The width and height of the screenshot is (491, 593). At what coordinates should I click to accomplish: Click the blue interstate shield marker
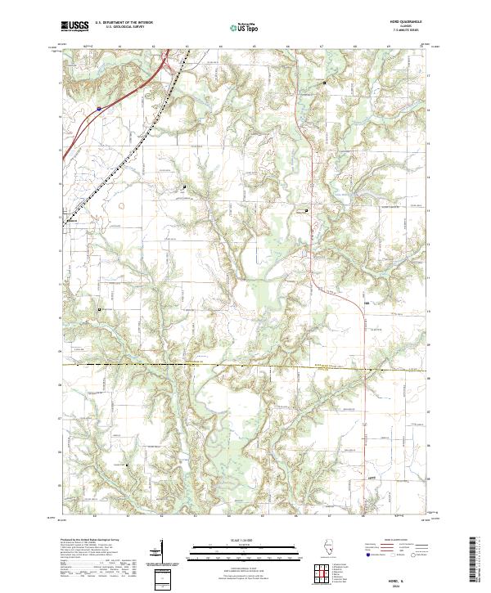point(97,106)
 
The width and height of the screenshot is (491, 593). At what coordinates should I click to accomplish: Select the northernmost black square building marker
point(323,83)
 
